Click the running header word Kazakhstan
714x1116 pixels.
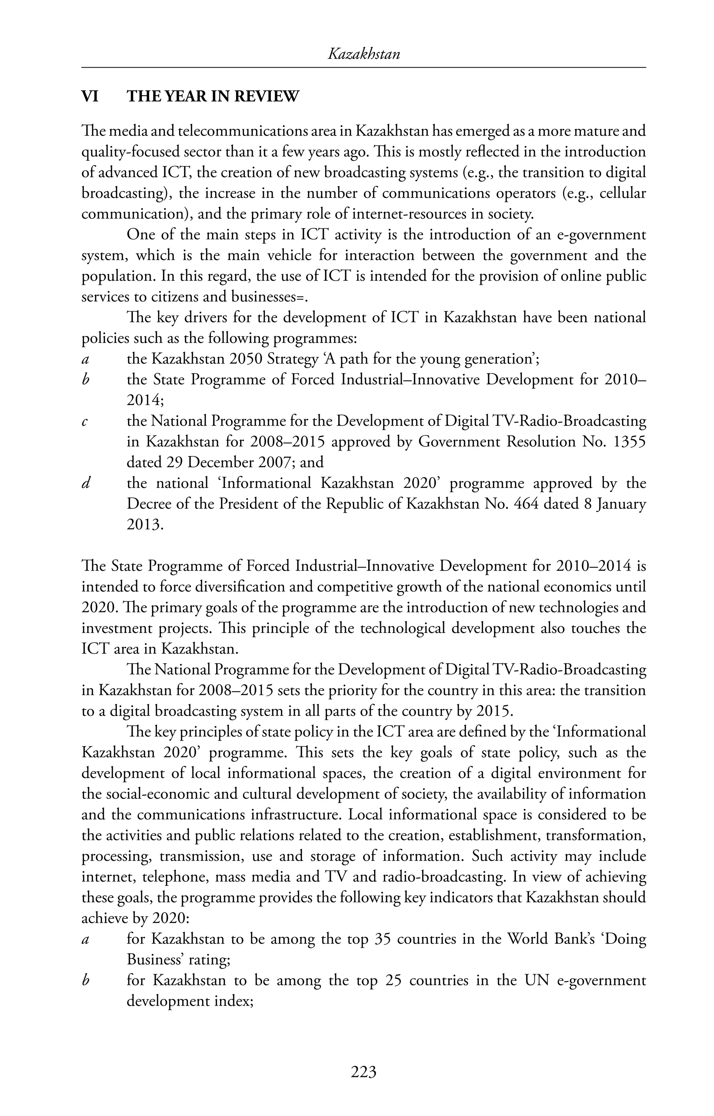[x=364, y=55]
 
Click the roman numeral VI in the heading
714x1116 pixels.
[x=90, y=97]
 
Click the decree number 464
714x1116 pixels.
[x=526, y=504]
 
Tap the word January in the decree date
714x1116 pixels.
[x=621, y=504]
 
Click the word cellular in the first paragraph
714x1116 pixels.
[x=622, y=193]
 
